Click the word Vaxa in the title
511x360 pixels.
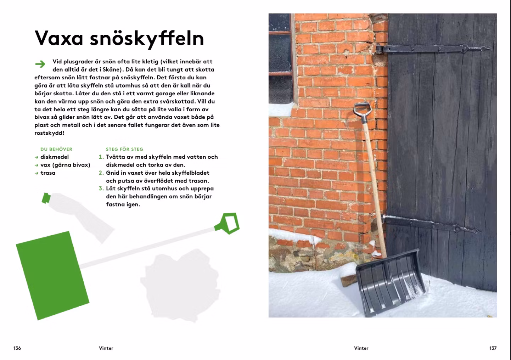59,38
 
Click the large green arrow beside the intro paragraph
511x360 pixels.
40,64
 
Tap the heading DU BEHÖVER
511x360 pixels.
56,149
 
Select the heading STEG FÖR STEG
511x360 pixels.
124,149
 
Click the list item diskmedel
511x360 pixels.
55,157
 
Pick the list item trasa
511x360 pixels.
48,173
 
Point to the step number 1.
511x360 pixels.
101,157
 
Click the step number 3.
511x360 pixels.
101,189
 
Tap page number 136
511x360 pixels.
17,348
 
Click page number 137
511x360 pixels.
493,348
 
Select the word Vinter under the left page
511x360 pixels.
106,348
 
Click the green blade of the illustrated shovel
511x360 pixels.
52,276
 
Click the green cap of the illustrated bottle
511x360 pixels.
46,198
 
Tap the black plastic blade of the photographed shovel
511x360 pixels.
391,283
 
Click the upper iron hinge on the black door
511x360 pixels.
432,49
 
